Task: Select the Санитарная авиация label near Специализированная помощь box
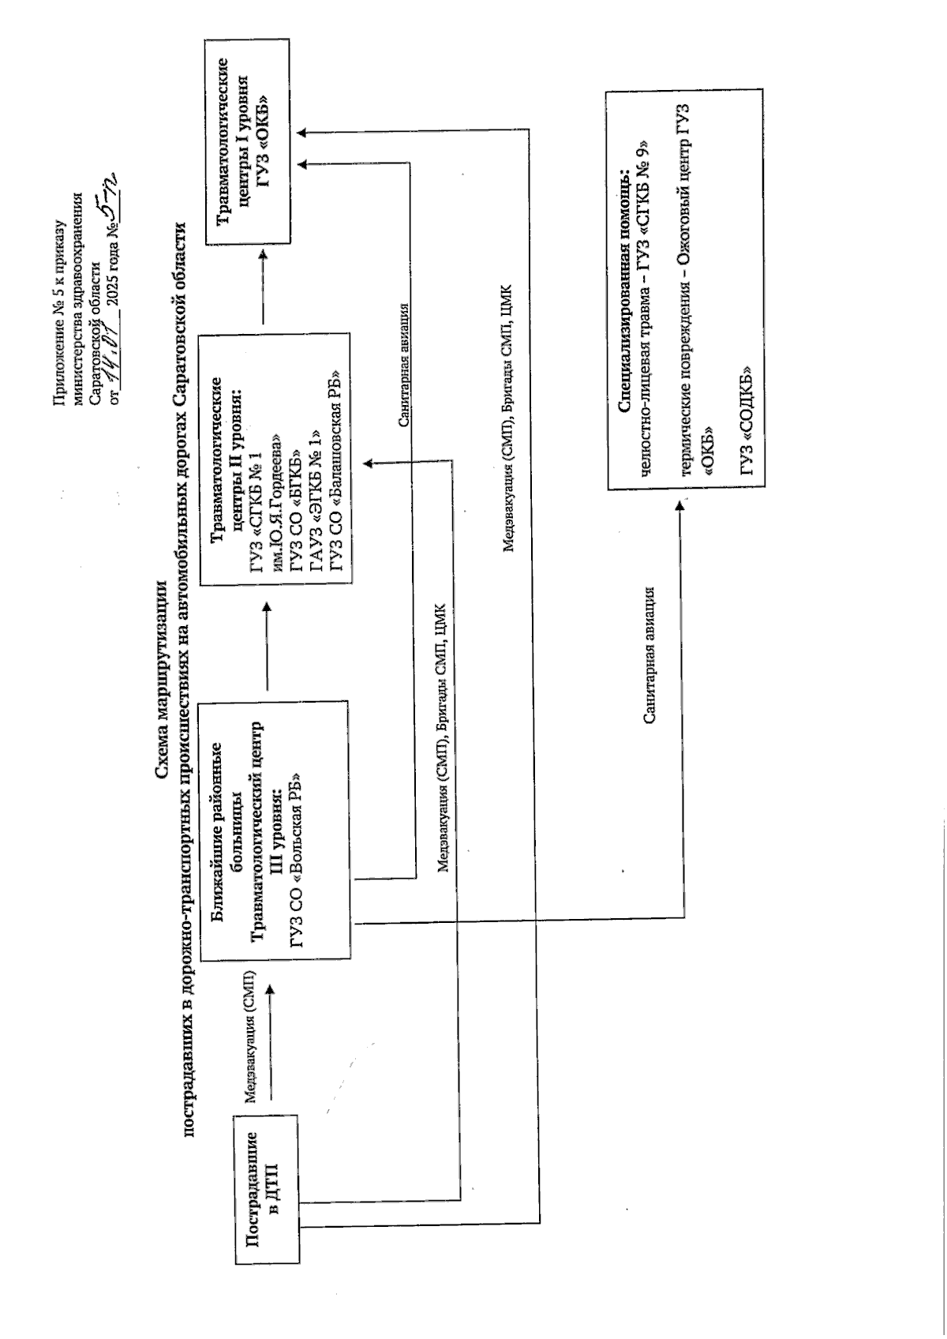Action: point(649,655)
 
